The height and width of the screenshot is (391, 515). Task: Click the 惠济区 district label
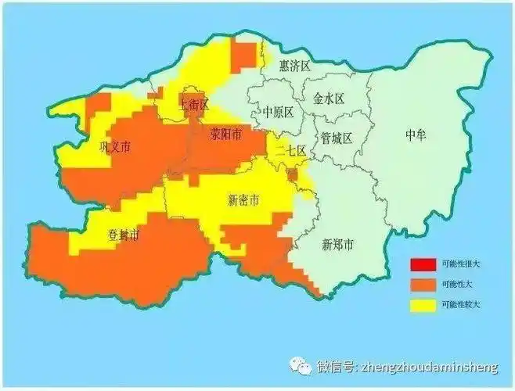coord(295,65)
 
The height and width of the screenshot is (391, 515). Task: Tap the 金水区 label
coord(328,99)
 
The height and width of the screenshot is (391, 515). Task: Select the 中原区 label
coord(278,112)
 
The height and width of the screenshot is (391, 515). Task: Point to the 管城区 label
coord(337,138)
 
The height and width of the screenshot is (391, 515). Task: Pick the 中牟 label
coord(416,135)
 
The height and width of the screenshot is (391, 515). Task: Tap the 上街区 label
coord(193,104)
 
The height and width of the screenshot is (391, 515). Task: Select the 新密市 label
coord(243,199)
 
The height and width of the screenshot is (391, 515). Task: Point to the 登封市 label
coord(123,235)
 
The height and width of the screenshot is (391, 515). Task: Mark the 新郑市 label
coord(337,245)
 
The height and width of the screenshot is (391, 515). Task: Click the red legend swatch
coord(423,263)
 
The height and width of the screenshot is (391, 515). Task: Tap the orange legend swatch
coord(423,283)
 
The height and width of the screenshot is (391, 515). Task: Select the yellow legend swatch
coord(423,303)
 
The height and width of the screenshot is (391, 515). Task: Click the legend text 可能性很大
coord(462,263)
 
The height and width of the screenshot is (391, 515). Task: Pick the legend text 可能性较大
coord(462,303)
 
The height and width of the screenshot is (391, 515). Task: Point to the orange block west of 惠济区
coord(243,56)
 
